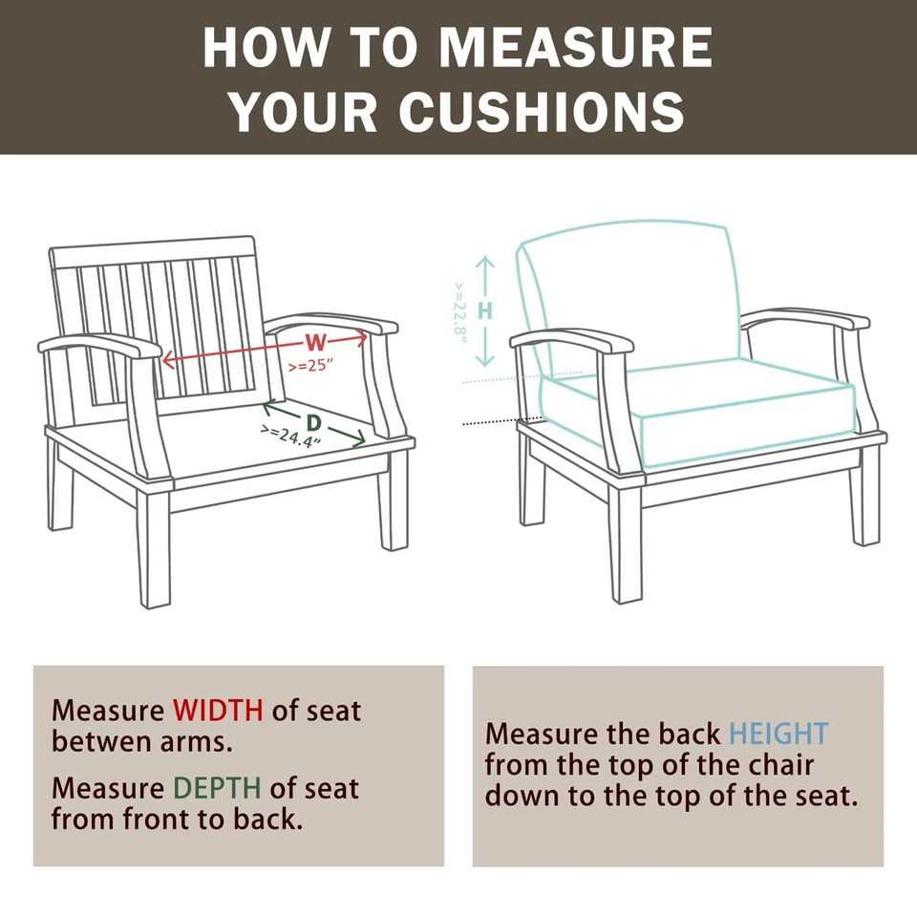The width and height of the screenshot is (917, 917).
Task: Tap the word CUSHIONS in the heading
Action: (x=542, y=112)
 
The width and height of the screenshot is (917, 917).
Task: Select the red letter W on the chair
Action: (x=315, y=343)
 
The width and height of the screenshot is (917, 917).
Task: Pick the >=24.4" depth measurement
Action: (x=290, y=437)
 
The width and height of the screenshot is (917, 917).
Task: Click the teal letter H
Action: (x=485, y=310)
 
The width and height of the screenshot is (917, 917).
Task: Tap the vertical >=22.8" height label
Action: (x=460, y=311)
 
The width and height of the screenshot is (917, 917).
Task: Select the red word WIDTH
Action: (x=218, y=711)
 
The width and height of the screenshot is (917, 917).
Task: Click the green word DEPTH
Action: (x=217, y=788)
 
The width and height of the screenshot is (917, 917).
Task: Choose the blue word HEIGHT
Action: (x=778, y=734)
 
